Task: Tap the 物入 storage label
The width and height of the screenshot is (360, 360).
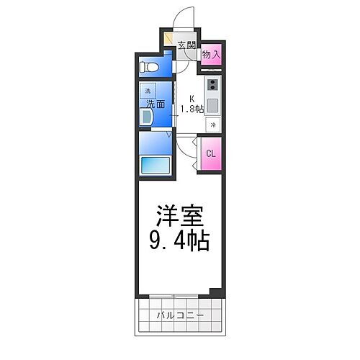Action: coord(210,54)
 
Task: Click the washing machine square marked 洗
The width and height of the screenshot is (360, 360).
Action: coord(148,91)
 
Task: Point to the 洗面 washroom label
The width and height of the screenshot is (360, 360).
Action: coord(156,104)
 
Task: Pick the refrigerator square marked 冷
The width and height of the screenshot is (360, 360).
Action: coord(213,125)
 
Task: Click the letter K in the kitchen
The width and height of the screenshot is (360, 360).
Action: coord(192,99)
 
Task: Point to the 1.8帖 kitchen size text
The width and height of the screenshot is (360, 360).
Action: coord(192,109)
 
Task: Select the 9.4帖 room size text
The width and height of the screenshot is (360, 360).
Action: coord(180,240)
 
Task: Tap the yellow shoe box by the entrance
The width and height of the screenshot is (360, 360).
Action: coord(168,40)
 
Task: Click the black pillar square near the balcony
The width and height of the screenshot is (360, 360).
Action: coord(213,292)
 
